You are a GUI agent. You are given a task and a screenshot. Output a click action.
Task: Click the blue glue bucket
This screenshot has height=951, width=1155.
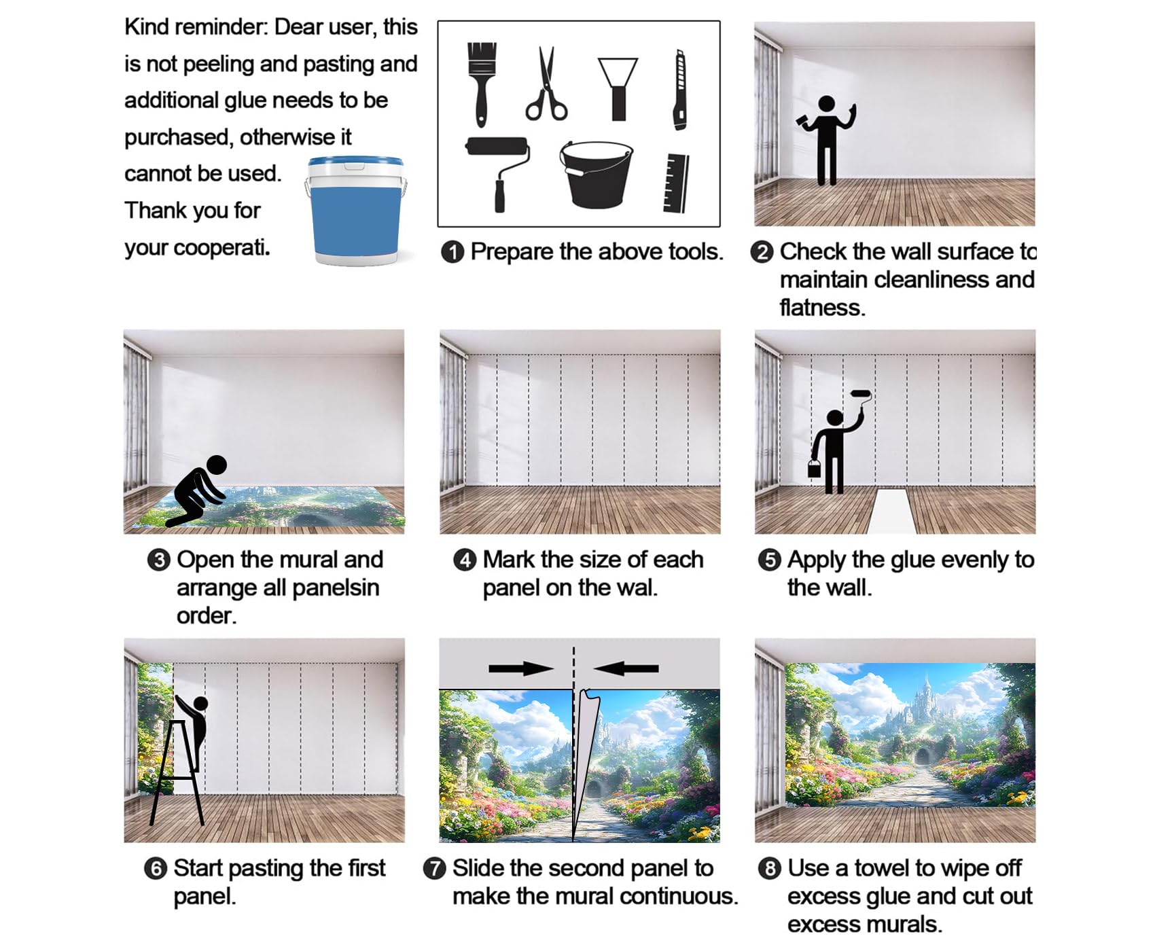tap(356, 211)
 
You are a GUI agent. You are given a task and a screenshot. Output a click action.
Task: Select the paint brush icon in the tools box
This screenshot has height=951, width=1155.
tap(482, 84)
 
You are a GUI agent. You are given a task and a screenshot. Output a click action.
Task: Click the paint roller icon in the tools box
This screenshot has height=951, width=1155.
tap(498, 174)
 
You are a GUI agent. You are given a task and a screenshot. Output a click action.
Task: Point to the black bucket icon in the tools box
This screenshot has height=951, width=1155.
tap(596, 175)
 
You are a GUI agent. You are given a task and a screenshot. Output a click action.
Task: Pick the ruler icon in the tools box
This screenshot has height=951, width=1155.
tap(676, 183)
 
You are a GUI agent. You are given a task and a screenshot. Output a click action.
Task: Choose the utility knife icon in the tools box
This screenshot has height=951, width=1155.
tap(679, 90)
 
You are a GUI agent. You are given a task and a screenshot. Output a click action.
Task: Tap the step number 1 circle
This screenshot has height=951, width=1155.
tap(452, 252)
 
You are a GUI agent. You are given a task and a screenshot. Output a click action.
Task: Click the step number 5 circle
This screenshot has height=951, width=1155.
tap(769, 560)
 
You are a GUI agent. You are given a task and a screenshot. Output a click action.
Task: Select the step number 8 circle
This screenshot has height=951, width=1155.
tap(769, 869)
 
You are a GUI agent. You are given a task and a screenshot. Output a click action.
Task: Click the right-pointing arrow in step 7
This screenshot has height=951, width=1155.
tap(521, 668)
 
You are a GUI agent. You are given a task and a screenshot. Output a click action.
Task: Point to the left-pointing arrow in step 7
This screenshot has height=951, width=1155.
tap(626, 668)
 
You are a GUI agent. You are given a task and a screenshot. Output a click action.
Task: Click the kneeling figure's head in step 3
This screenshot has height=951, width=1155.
tap(217, 465)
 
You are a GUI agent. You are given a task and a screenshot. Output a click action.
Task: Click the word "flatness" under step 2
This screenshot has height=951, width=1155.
tap(822, 308)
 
